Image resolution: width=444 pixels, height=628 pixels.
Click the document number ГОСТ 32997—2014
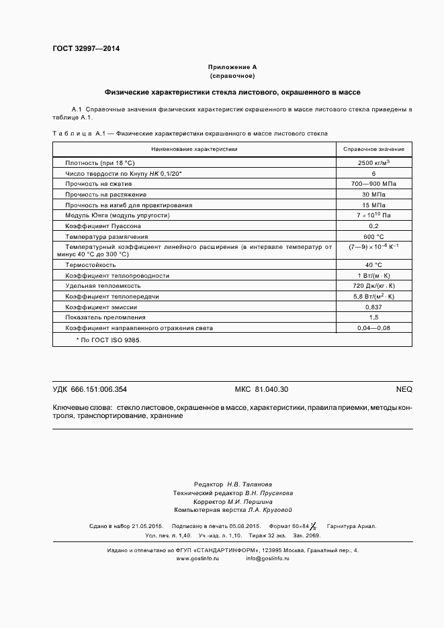(x=85, y=48)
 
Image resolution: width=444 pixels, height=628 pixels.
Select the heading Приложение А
(x=232, y=67)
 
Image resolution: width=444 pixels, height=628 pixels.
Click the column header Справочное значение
(x=373, y=149)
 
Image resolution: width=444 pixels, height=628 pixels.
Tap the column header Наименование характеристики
(x=194, y=149)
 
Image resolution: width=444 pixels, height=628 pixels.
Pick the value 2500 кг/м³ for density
(x=373, y=163)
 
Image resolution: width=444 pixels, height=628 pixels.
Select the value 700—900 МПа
(x=373, y=184)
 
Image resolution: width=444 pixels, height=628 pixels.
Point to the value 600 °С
(x=373, y=237)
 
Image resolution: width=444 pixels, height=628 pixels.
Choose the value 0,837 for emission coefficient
(x=373, y=307)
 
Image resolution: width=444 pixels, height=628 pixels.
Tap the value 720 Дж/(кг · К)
(x=373, y=286)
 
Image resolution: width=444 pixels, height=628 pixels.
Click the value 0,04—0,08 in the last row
(x=373, y=328)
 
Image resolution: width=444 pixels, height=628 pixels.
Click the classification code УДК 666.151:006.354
(x=90, y=389)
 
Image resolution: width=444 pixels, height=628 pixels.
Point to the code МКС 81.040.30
(x=261, y=389)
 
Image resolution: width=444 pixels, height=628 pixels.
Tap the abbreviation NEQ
(x=404, y=389)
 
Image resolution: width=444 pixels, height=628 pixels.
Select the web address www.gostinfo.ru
(x=197, y=558)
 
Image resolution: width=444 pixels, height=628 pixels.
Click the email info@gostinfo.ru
(x=267, y=558)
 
